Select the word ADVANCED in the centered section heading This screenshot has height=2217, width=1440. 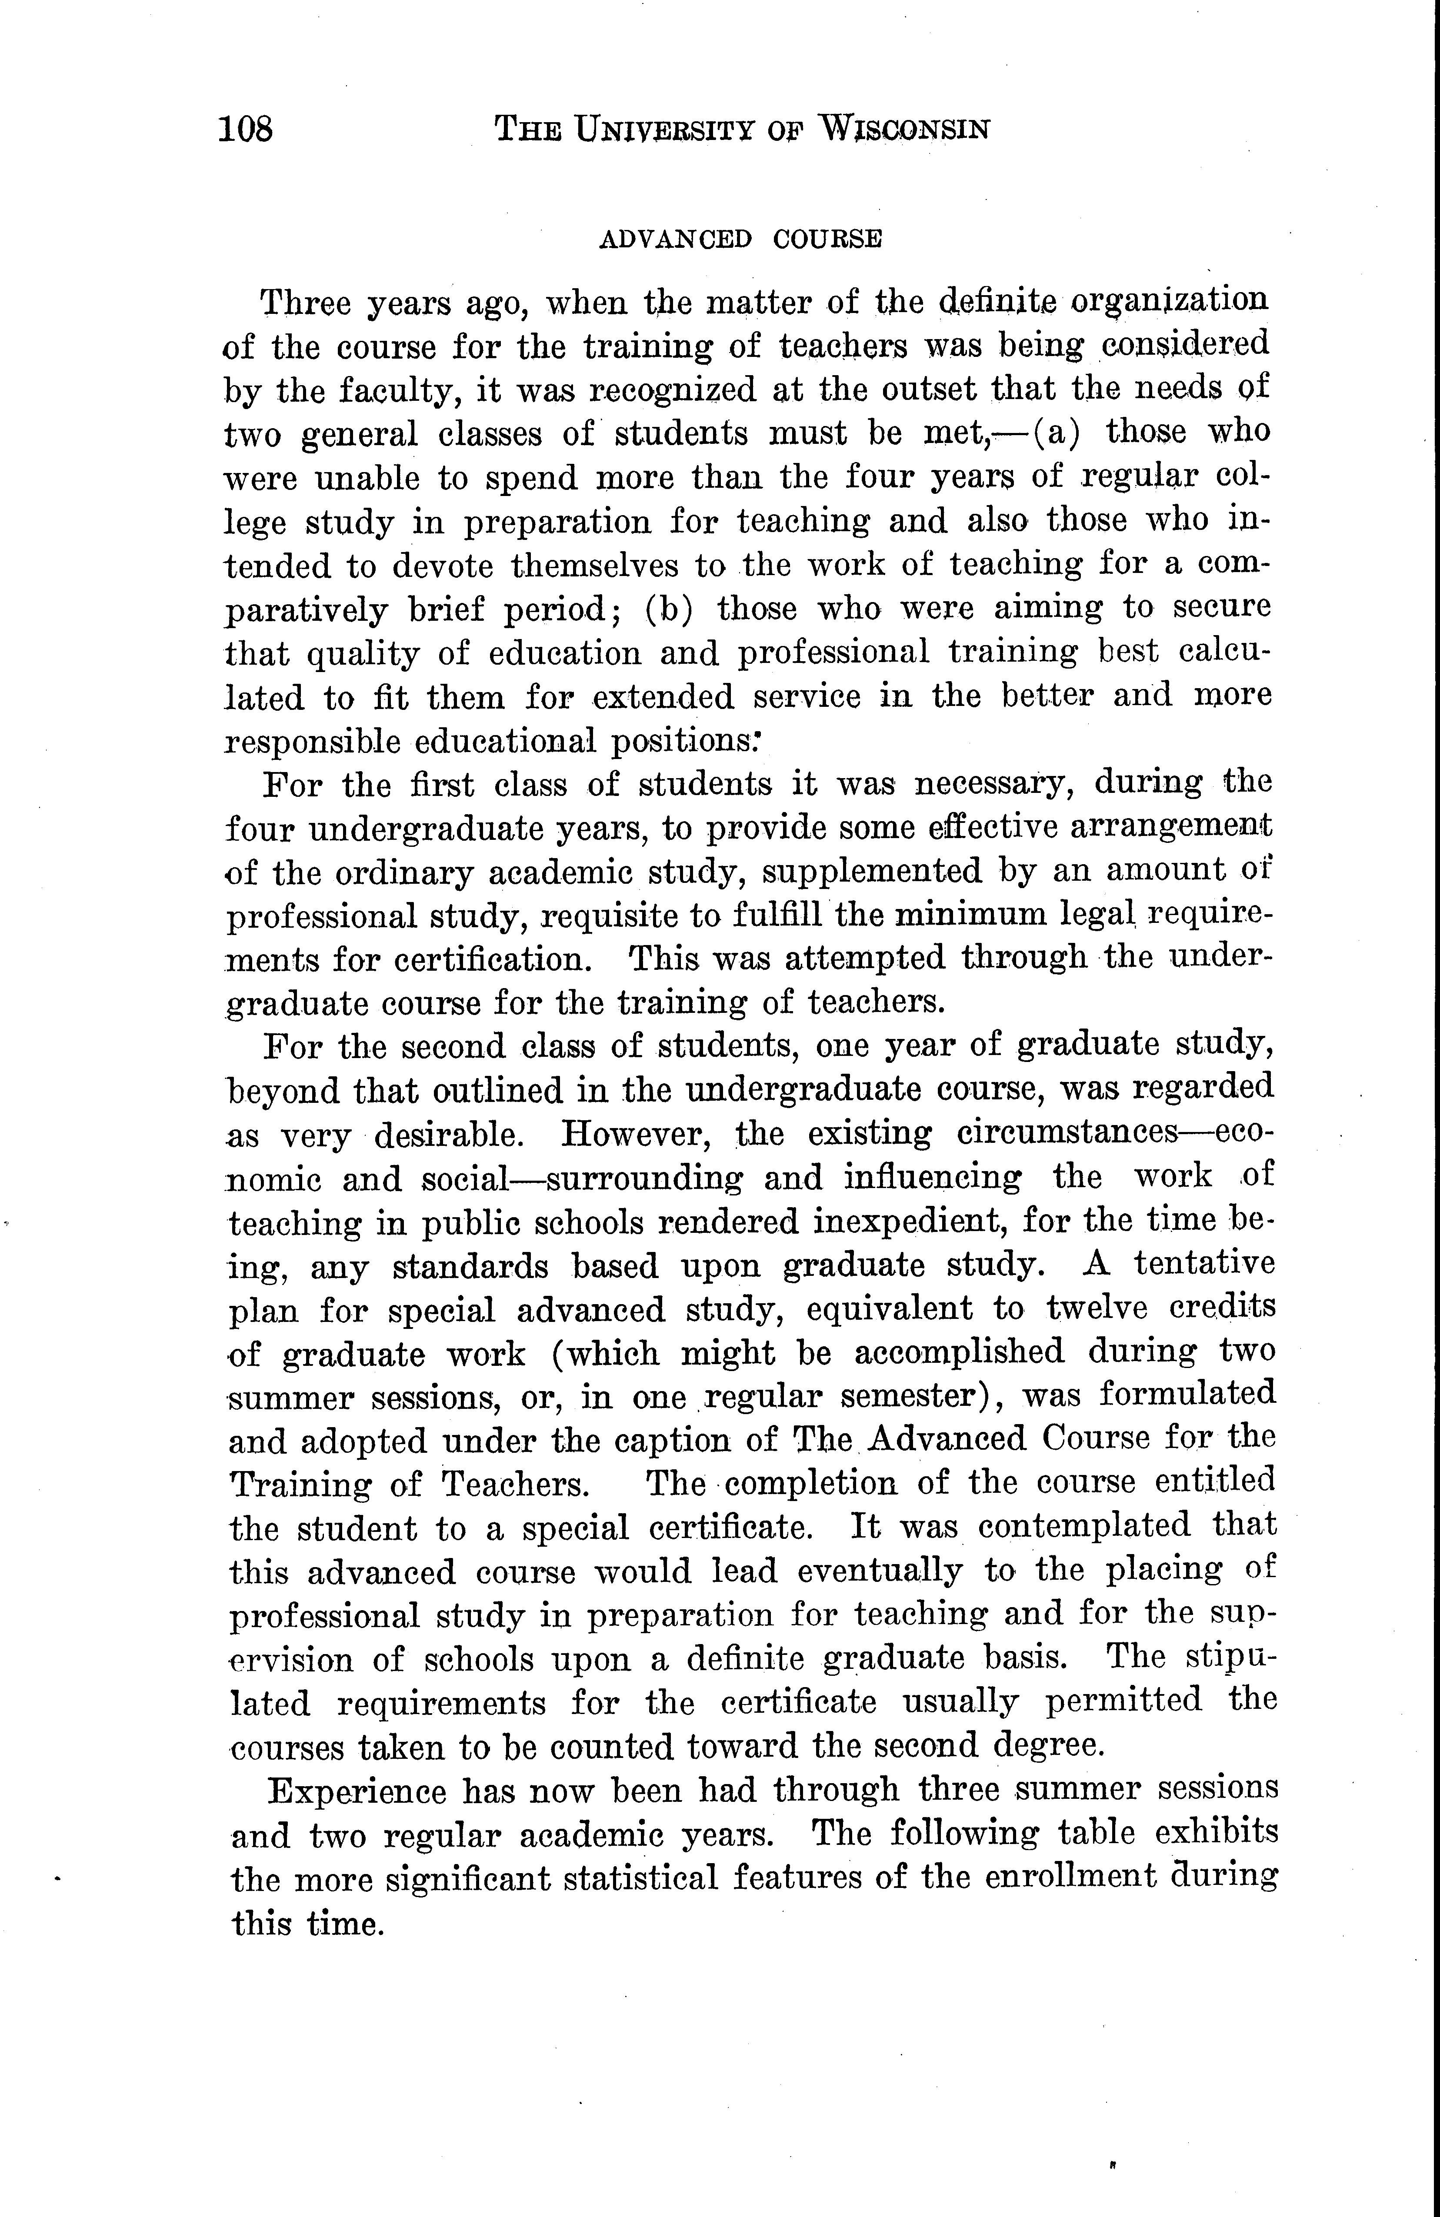click(x=675, y=240)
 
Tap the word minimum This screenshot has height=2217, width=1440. click(x=969, y=915)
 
